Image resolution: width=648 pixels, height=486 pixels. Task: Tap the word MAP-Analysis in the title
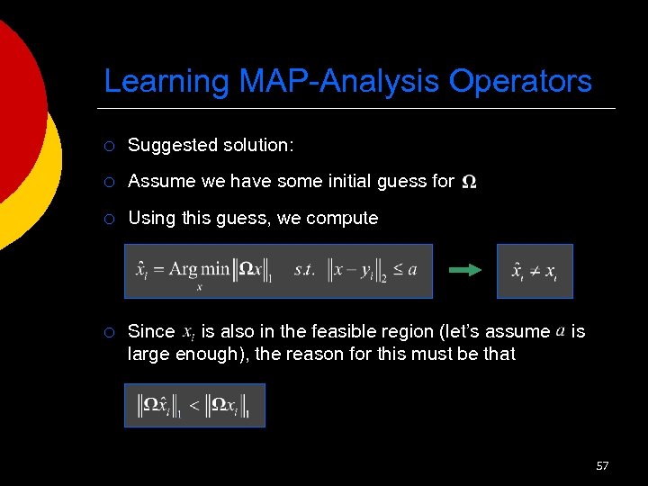click(341, 82)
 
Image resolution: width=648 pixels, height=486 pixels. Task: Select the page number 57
click(602, 465)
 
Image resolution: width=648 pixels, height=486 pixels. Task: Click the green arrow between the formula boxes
click(466, 270)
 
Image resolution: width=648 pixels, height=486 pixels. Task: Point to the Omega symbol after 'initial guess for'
click(469, 182)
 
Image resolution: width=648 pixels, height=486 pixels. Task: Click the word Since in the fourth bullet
click(151, 331)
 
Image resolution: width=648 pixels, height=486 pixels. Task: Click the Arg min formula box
click(278, 271)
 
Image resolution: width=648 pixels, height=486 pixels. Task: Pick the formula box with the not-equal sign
click(535, 271)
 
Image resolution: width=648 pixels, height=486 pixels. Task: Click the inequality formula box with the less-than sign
click(194, 405)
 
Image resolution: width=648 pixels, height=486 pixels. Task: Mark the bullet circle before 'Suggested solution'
click(108, 145)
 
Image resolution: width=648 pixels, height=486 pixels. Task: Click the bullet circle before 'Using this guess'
click(108, 218)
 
